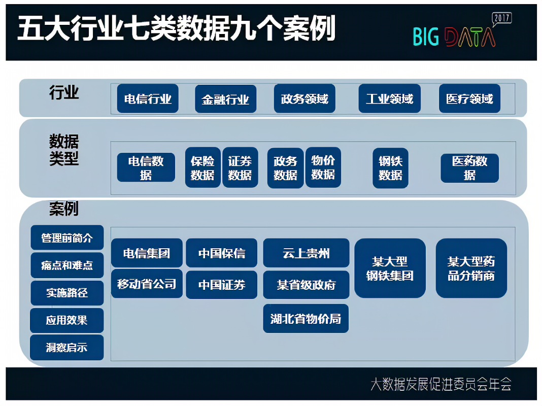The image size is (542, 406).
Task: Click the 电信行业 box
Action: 148,98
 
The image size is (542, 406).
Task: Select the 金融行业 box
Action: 225,98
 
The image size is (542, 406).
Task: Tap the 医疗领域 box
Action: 469,98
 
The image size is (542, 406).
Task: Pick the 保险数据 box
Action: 202,167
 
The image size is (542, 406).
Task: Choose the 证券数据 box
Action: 240,167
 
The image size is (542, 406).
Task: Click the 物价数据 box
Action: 323,167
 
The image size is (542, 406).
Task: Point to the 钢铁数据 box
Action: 390,167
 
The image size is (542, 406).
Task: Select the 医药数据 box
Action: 469,168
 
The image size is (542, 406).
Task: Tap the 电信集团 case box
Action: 147,253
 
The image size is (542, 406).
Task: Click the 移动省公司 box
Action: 147,284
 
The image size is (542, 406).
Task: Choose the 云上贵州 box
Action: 306,253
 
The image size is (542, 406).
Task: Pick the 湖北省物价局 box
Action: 306,319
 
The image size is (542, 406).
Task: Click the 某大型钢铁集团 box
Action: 390,268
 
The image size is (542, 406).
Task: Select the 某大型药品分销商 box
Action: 471,268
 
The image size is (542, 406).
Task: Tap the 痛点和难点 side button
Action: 67,265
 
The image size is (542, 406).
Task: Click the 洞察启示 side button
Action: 67,348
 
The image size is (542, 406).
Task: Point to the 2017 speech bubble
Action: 502,19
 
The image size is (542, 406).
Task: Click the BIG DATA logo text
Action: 454,37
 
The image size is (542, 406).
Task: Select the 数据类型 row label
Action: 64,150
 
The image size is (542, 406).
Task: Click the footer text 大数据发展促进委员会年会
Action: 441,384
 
